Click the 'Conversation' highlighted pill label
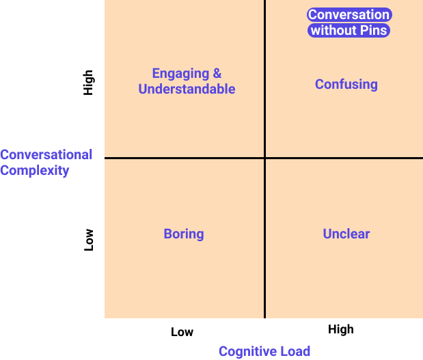coord(349,14)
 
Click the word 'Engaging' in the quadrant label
coord(180,74)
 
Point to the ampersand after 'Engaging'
coord(217,73)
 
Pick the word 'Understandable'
coord(187,89)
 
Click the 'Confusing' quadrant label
coord(346,85)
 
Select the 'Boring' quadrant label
coord(184,234)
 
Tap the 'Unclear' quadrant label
coord(346,234)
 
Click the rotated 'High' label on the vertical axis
coord(88,83)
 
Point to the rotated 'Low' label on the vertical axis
coord(88,240)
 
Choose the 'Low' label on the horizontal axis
coord(182,332)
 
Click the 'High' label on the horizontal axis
coord(341,329)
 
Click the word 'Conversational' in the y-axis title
coord(46,155)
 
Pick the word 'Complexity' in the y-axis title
coord(35,171)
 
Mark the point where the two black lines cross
coord(264,158)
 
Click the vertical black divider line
coord(264,159)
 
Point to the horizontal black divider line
coord(264,158)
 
